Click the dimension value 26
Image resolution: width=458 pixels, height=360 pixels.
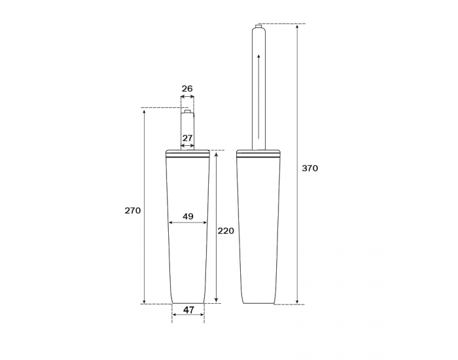[x=187, y=88]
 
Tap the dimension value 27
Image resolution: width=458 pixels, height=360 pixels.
[x=188, y=137]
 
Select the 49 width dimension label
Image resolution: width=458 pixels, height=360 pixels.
[x=188, y=216]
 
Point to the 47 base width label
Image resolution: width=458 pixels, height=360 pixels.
[x=188, y=310]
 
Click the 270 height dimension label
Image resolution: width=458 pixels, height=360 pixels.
[x=133, y=210]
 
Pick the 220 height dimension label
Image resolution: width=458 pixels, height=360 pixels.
[x=226, y=231]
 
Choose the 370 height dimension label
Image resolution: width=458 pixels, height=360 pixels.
[x=309, y=168]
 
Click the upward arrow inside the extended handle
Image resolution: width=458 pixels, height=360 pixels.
[x=258, y=96]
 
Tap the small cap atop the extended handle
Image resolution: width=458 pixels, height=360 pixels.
[x=258, y=26]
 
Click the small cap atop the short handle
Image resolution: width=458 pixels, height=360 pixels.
[x=188, y=112]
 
